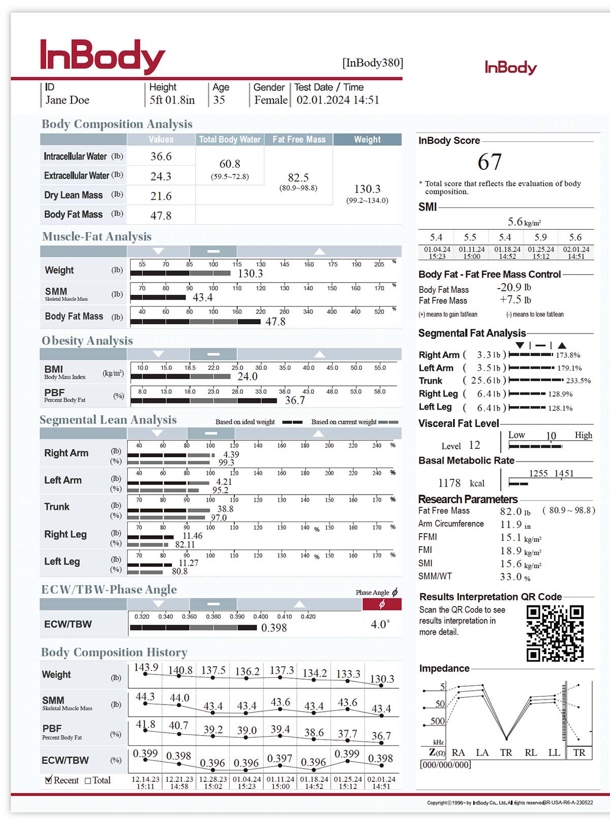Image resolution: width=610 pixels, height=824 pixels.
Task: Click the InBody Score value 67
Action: click(490, 162)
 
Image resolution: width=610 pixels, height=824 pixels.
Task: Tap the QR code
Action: click(555, 633)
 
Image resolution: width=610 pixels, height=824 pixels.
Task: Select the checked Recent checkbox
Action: click(49, 780)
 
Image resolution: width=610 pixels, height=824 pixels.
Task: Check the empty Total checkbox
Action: click(88, 780)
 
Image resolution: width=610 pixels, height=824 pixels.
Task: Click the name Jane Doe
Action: click(68, 100)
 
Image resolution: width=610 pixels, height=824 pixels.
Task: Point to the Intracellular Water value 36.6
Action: click(161, 157)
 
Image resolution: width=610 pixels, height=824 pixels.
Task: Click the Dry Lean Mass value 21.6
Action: click(161, 196)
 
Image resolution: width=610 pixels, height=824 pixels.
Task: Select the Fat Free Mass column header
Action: click(298, 139)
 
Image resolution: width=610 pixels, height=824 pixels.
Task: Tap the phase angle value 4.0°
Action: click(380, 624)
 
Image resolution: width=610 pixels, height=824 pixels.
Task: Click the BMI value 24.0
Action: click(248, 377)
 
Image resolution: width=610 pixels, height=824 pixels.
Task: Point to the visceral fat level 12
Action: click(474, 445)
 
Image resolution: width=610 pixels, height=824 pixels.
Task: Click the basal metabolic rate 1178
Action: click(449, 483)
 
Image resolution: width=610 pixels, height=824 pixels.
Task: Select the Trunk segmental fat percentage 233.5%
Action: click(578, 381)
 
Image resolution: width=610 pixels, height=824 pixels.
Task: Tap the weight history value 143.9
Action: click(146, 667)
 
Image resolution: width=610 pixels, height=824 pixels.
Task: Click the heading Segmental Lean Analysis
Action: click(108, 420)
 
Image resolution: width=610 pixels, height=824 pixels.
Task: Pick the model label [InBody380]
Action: click(373, 63)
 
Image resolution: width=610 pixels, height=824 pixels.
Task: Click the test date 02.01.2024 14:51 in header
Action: click(338, 100)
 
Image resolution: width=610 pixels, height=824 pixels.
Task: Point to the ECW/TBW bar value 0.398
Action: click(274, 628)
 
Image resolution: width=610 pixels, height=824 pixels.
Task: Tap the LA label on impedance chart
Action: click(482, 752)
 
